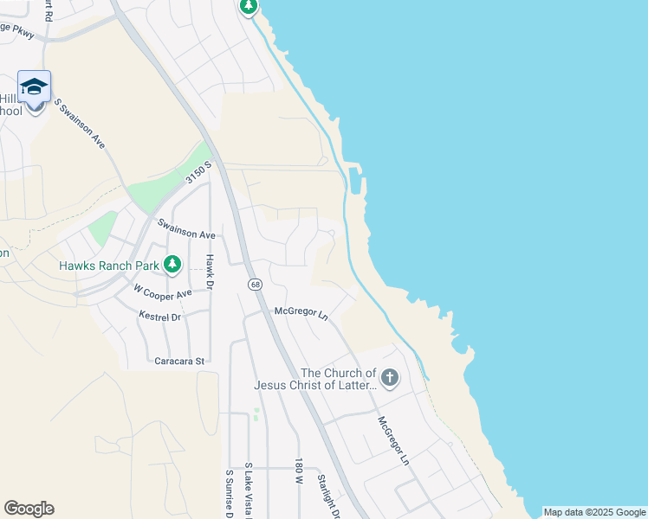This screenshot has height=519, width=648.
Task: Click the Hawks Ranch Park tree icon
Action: coord(172,265)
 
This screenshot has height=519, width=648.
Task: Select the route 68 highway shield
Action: coord(256,284)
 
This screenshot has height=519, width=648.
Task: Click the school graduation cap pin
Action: coord(34,88)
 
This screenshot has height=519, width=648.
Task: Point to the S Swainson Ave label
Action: coord(80,124)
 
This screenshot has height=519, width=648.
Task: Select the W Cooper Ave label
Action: coord(162,292)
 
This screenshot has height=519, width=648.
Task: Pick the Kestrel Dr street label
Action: coord(159,317)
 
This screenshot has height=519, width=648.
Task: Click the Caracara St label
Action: coord(179,361)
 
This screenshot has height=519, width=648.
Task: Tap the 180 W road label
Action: coord(298,471)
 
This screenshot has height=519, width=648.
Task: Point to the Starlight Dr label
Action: coord(327,495)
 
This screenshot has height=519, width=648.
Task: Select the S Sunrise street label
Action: coord(230,494)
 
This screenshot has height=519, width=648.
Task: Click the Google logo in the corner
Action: coord(29,509)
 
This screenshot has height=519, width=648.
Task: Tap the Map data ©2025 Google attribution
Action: coord(593,512)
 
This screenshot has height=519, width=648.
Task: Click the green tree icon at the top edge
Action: coord(249,7)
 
